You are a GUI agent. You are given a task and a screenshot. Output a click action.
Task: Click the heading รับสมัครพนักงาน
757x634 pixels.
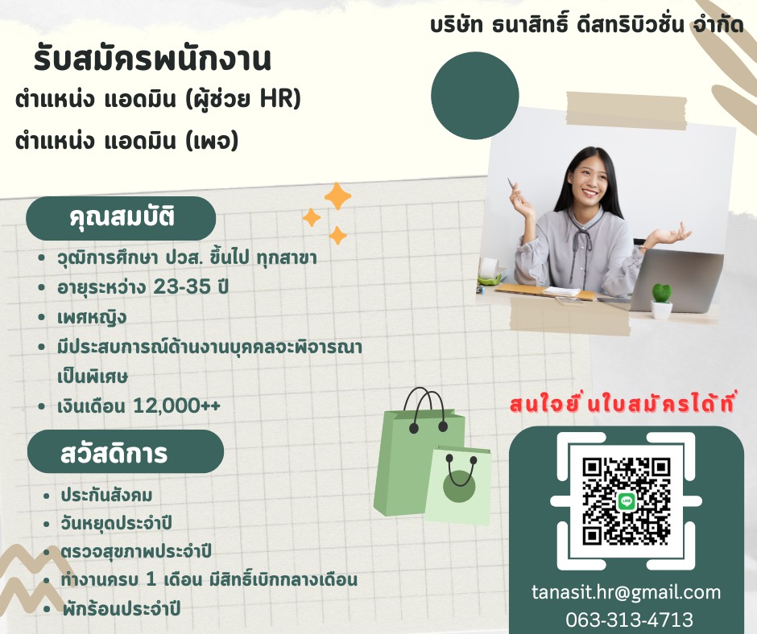coord(152,60)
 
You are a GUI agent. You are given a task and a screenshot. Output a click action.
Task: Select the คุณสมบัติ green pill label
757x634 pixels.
coord(122,218)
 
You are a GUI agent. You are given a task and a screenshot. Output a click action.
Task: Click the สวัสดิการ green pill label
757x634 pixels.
coord(125,452)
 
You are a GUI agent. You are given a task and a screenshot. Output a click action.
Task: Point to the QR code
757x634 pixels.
coord(627,500)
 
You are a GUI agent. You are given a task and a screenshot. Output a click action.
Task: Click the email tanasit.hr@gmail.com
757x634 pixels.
coord(626,593)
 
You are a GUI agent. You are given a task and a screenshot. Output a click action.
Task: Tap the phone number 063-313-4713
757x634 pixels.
coord(626,620)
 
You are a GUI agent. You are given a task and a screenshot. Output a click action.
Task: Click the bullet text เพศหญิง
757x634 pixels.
coord(92,318)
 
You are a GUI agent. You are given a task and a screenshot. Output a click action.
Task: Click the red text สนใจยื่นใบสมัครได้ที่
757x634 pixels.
coord(623,405)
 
